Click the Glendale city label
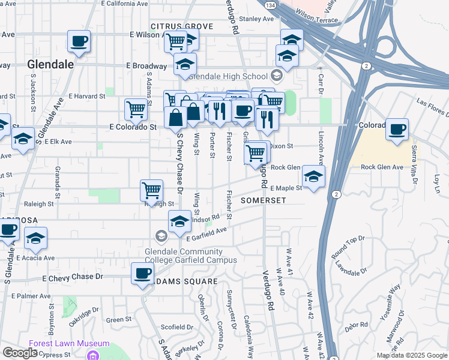[50, 64]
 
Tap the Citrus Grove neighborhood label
[182, 27]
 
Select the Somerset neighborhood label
[263, 200]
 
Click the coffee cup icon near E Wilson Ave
[79, 41]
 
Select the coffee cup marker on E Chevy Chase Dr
[143, 274]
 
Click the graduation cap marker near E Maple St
[313, 176]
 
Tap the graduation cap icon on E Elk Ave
[23, 139]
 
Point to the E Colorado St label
[133, 127]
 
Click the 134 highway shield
[272, 5]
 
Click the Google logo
[20, 353]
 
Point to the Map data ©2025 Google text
[412, 355]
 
